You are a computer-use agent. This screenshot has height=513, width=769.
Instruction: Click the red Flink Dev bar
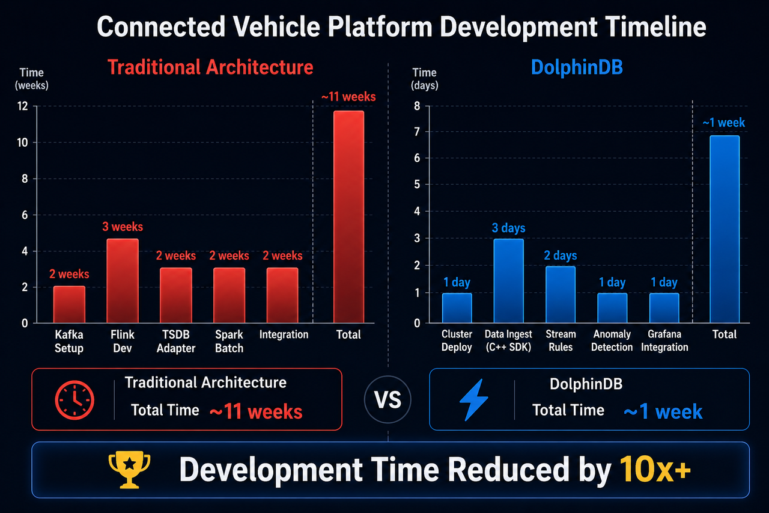tap(123, 281)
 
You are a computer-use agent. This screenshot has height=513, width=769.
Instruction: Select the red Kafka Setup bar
tap(69, 304)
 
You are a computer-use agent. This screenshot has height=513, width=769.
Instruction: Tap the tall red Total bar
tap(348, 217)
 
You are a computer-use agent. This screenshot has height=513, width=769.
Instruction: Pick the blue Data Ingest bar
tap(508, 281)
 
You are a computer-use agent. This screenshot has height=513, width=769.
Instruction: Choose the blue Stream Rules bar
tap(561, 295)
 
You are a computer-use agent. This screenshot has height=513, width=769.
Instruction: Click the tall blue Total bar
tap(725, 229)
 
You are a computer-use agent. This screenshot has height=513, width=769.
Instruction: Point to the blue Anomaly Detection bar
tap(612, 308)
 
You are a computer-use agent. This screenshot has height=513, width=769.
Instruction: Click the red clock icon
tap(74, 400)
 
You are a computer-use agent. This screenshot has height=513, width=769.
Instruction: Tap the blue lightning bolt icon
tap(474, 399)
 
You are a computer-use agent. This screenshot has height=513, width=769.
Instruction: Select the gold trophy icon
tap(129, 469)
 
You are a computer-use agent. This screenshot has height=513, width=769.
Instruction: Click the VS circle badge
tap(388, 399)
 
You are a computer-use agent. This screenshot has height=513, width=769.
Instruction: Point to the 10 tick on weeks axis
tap(23, 143)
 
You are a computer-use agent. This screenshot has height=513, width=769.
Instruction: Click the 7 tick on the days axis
tap(417, 132)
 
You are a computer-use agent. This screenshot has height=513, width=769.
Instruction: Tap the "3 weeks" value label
tap(123, 227)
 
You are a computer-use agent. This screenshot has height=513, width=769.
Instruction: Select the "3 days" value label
tap(508, 228)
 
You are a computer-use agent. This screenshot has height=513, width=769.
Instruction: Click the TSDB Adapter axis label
tap(176, 341)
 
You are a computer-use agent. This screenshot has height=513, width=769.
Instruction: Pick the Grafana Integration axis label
tap(664, 340)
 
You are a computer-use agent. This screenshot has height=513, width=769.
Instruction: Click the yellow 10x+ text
tap(655, 469)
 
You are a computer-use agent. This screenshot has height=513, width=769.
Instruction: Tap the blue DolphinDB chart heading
tap(577, 67)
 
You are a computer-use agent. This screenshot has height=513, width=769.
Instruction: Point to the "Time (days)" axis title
tap(425, 79)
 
